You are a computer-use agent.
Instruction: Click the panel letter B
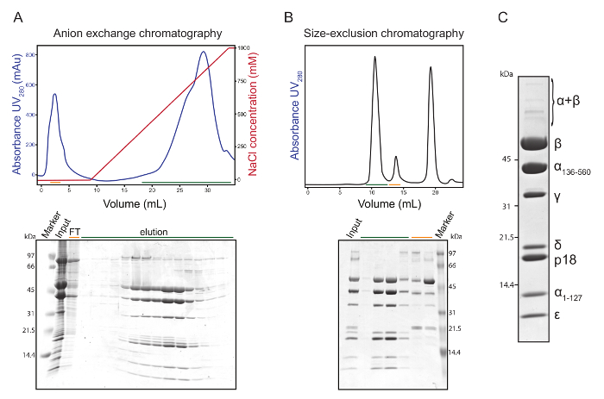click(289, 14)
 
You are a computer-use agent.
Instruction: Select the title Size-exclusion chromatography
click(384, 33)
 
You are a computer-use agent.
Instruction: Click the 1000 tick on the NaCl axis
click(244, 48)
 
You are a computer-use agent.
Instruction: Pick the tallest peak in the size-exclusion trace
click(374, 59)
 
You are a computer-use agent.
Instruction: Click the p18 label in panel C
click(564, 259)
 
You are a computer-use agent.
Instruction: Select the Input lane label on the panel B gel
click(352, 229)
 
